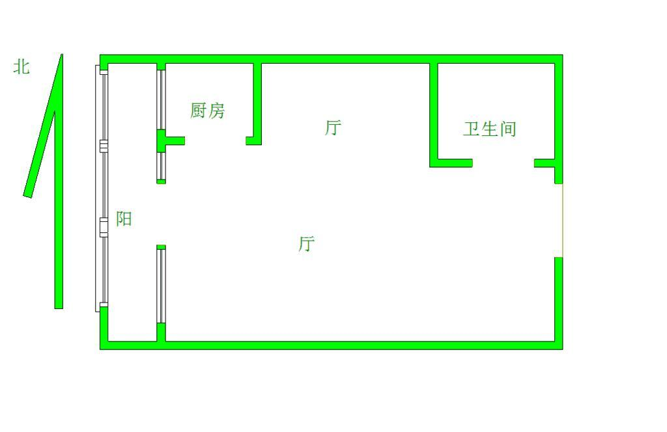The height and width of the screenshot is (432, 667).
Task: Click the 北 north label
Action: [x=21, y=66]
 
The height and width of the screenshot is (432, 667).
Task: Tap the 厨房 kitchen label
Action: [x=207, y=111]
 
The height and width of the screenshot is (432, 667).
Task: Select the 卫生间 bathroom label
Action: [x=489, y=129]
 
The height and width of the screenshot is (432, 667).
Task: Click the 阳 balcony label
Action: [x=124, y=219]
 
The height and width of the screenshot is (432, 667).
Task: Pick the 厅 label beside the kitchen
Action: [x=333, y=128]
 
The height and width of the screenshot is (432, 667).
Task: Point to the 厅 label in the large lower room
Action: [x=306, y=245]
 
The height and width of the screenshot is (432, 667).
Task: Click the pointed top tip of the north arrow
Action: [x=61, y=57]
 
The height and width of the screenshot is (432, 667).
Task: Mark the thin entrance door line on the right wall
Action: [x=562, y=221]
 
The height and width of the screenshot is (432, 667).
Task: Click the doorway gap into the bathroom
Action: [x=503, y=163]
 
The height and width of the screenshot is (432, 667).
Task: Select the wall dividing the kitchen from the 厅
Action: [x=257, y=101]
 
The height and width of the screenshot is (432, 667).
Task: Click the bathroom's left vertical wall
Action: [x=434, y=111]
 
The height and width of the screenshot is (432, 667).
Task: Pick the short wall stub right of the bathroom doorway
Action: [x=545, y=163]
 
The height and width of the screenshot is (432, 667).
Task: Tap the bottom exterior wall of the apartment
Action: [x=358, y=345]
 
